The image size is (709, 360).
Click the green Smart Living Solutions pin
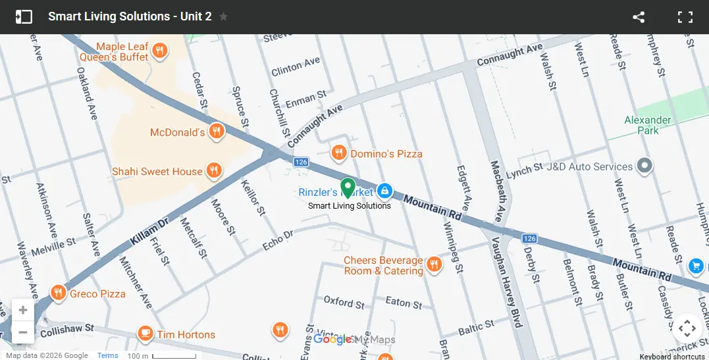tap(348, 188)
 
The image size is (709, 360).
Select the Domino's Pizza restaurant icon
tap(339, 153)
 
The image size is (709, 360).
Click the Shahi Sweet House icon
tap(213, 171)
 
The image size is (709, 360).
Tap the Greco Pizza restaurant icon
tap(59, 293)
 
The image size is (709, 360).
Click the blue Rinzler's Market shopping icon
tap(384, 192)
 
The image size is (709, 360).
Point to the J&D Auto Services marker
tap(645, 166)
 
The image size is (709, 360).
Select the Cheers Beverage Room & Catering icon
tap(433, 265)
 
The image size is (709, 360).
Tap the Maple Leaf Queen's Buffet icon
tap(159, 51)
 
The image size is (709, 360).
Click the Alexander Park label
tap(648, 125)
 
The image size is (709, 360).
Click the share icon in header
tap(638, 17)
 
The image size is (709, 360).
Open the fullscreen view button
tap(685, 17)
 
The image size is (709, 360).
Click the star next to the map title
tap(224, 16)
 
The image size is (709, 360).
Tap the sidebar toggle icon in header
tap(24, 17)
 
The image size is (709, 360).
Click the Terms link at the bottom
tap(108, 355)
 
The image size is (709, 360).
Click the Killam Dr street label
tap(149, 231)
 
